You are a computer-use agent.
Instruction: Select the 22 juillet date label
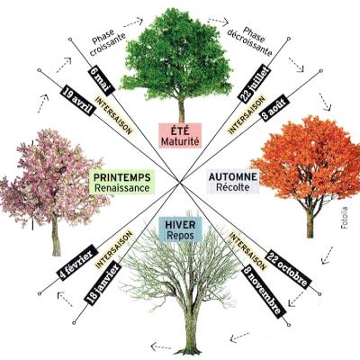coord(255,83)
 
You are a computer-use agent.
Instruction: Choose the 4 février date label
coord(77,263)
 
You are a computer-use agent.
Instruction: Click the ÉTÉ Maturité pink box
coord(180,136)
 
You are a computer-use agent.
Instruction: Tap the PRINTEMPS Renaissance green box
coord(122,182)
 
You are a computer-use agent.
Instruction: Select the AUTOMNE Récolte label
coord(233,182)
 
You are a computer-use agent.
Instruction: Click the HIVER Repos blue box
coord(180,229)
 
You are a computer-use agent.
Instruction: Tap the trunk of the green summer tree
coord(181,110)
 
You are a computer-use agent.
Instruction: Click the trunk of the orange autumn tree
coord(310,222)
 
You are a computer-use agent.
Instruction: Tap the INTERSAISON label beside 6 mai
coord(113,115)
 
